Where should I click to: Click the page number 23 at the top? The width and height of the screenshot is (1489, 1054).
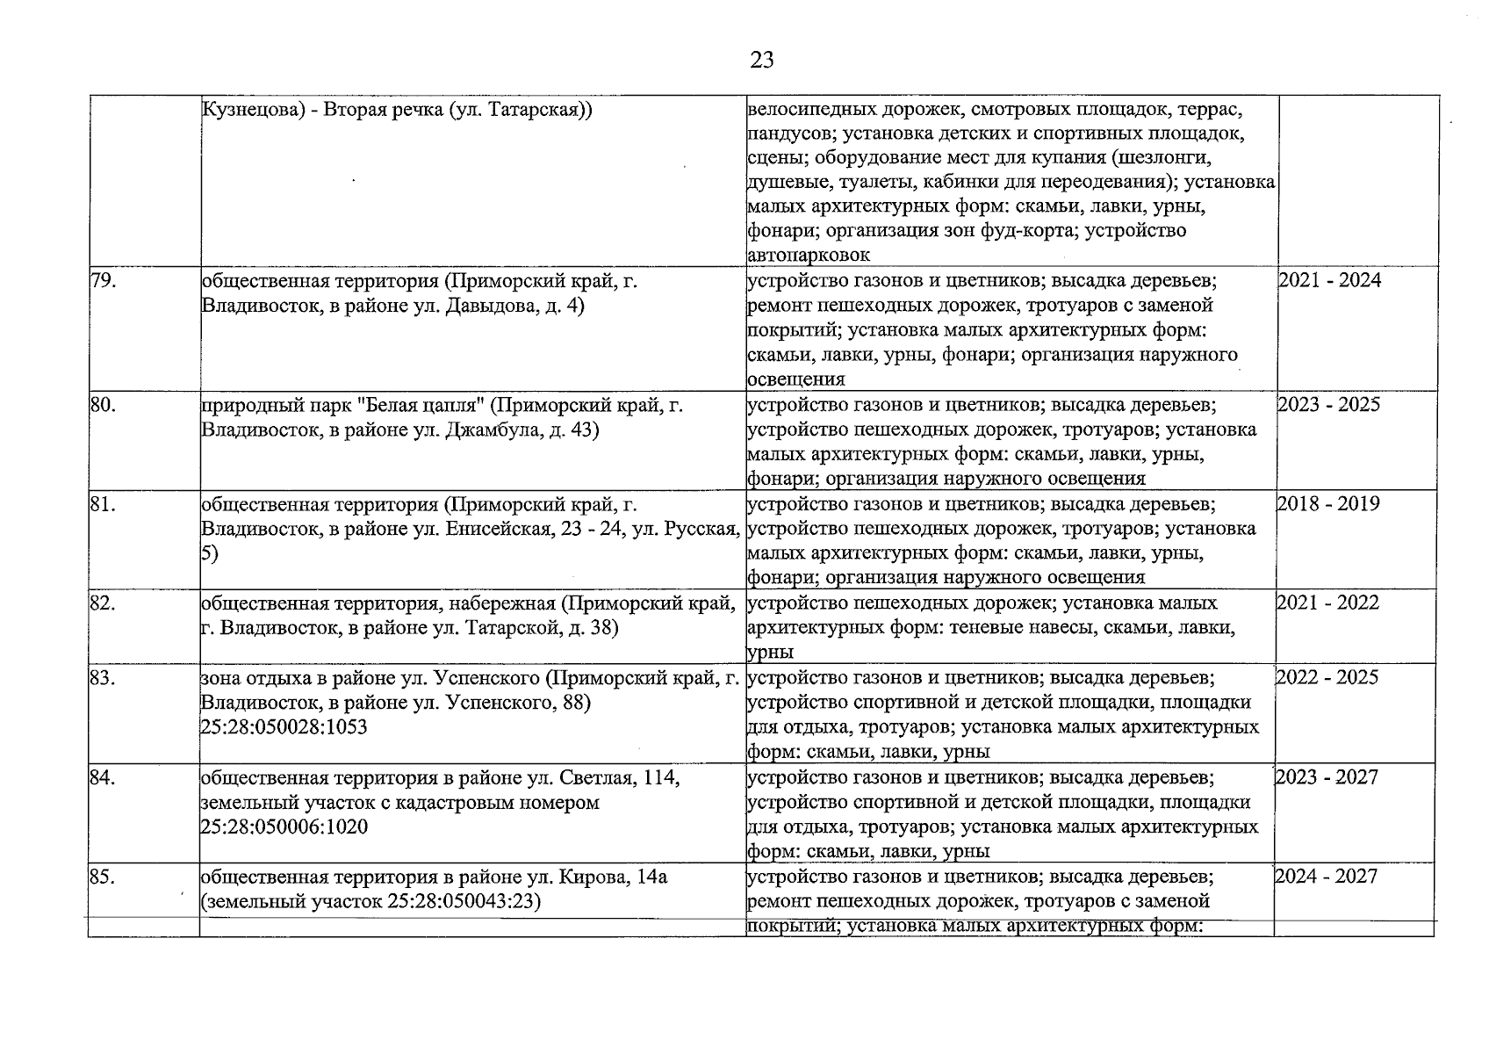pos(762,60)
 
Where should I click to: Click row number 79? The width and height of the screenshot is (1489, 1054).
pos(103,280)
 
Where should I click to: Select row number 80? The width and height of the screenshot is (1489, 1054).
pos(104,404)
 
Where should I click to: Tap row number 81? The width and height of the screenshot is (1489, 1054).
pos(103,503)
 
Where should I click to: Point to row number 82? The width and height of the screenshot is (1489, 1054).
pos(103,603)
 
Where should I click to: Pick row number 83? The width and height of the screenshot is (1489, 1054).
pos(103,677)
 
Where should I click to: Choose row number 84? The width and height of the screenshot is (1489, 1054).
pos(103,776)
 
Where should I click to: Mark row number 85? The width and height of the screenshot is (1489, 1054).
pos(103,876)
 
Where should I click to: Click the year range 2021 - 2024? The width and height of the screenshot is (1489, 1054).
pos(1329,280)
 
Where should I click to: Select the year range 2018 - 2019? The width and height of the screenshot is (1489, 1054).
pos(1327,503)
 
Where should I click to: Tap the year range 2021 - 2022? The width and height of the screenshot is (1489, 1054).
pos(1327,603)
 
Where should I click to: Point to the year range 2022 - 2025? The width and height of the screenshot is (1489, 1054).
pos(1327,677)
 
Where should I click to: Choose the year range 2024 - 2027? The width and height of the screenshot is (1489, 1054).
pos(1327,876)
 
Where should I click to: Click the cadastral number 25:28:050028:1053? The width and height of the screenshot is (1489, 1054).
pos(284,727)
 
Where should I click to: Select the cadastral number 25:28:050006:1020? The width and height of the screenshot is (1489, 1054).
pos(284,827)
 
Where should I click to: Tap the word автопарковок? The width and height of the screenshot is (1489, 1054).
pos(809,255)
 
